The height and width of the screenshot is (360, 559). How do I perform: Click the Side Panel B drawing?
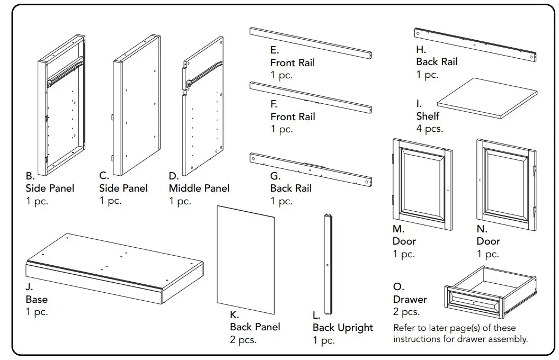click(61, 106)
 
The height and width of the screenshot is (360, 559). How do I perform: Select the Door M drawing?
click(422, 184)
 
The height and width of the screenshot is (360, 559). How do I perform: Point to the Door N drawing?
click(505, 185)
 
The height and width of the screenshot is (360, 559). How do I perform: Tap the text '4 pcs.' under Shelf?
click(430, 129)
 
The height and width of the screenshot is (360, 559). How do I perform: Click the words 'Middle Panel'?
click(199, 188)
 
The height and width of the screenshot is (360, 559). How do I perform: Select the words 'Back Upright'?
click(342, 328)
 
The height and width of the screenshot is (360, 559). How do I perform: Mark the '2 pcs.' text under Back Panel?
click(243, 340)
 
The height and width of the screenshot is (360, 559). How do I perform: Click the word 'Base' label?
click(37, 300)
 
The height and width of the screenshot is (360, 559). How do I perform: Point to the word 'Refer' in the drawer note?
click(404, 328)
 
